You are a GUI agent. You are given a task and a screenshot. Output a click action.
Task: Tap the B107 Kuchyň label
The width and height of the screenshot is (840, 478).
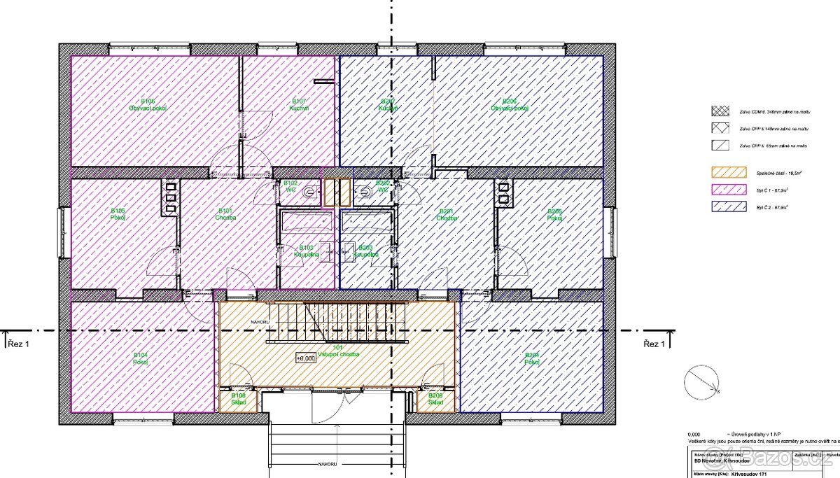click(x=299, y=105)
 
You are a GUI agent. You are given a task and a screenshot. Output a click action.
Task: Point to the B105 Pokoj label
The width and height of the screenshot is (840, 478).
click(x=118, y=213)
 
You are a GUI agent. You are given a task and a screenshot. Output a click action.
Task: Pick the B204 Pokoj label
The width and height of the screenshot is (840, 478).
click(x=532, y=359)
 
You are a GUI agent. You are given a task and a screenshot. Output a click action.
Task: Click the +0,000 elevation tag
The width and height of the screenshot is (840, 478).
click(x=306, y=358)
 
